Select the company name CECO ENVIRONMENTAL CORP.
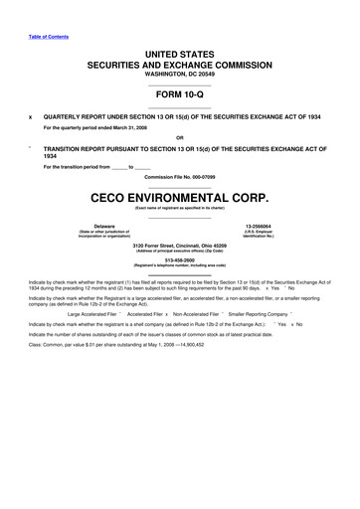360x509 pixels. point(179,197)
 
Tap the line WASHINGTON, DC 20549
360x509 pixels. point(179,75)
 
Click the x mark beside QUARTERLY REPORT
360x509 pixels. point(31,115)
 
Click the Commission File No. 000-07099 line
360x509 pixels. point(179,177)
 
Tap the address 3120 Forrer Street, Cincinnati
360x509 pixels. point(179,244)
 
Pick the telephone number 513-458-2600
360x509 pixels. point(179,261)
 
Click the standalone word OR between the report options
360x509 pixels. point(179,137)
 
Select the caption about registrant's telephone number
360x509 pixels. point(179,267)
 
